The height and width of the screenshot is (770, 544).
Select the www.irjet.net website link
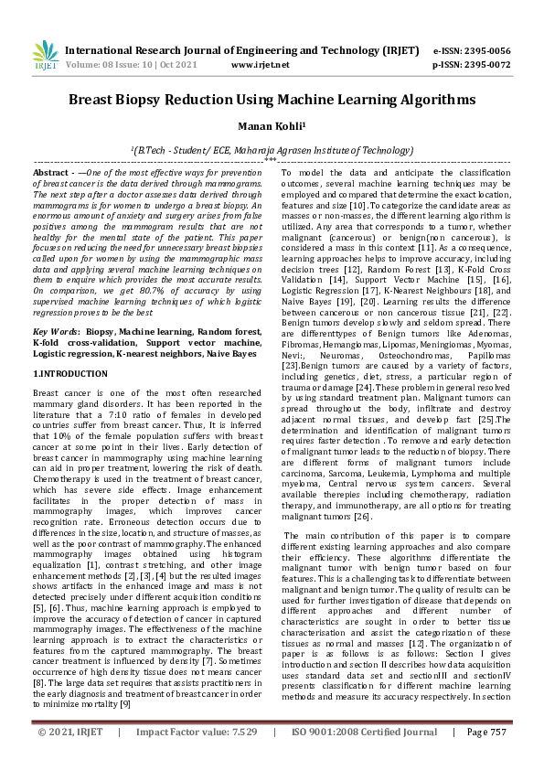click(261, 65)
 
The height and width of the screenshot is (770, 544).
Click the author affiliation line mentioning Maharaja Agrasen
click(272, 148)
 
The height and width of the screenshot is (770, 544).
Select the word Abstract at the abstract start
click(51, 173)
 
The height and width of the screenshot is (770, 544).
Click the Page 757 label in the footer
click(486, 756)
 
